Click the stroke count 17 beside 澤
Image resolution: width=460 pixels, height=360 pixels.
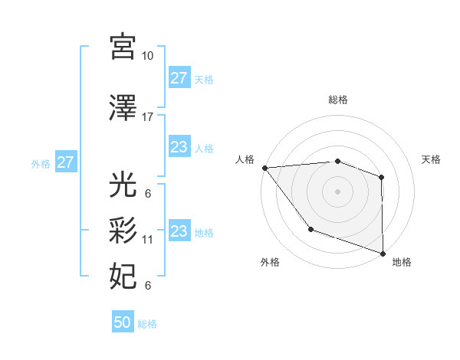pyautogui.click(x=148, y=117)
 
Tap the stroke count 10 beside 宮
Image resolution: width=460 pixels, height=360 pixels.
pyautogui.click(x=148, y=56)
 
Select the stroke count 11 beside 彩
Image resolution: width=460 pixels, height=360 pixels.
pyautogui.click(x=148, y=240)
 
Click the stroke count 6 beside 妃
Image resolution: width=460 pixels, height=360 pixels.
pyautogui.click(x=148, y=286)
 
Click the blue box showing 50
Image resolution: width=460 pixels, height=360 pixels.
pyautogui.click(x=123, y=322)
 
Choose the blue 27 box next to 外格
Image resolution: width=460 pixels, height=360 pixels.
pyautogui.click(x=65, y=162)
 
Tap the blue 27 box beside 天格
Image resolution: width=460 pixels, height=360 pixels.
pyautogui.click(x=179, y=78)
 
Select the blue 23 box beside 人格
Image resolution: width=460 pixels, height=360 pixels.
pyautogui.click(x=179, y=147)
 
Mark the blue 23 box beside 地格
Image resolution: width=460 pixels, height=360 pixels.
pyautogui.click(x=179, y=231)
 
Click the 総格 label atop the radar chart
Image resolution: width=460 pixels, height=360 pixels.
pyautogui.click(x=338, y=100)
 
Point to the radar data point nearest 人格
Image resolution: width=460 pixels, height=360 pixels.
pyautogui.click(x=264, y=168)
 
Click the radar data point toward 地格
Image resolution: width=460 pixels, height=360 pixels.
pyautogui.click(x=383, y=253)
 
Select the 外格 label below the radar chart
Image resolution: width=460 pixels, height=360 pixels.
pyautogui.click(x=270, y=262)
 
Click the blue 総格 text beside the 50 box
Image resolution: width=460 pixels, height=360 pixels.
pyautogui.click(x=148, y=324)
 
